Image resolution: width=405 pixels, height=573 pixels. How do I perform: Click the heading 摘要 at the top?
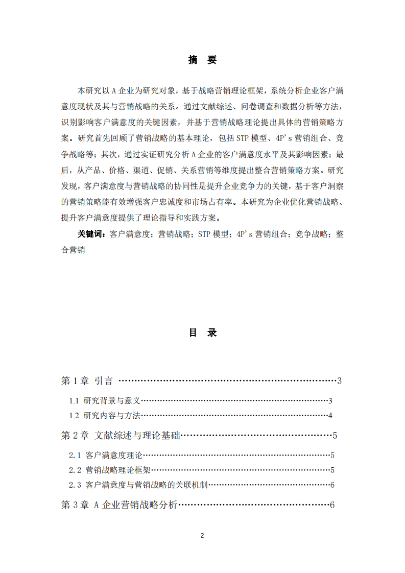pos(202,60)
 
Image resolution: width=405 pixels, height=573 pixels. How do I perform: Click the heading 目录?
pos(202,333)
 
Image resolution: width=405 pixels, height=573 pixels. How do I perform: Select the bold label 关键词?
pos(90,234)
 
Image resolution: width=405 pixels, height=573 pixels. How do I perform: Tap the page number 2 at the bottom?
pos(202,536)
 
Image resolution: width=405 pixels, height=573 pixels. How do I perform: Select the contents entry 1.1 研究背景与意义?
pos(105,401)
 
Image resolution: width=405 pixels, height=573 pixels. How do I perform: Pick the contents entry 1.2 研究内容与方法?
pos(105,415)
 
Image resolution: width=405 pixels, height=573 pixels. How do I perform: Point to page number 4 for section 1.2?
pos(330,415)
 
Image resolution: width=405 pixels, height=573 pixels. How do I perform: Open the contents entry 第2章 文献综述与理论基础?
pos(121,436)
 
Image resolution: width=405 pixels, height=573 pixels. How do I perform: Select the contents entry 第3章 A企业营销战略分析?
pos(119,505)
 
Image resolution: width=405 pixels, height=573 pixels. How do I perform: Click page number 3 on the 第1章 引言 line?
pos(339,381)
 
